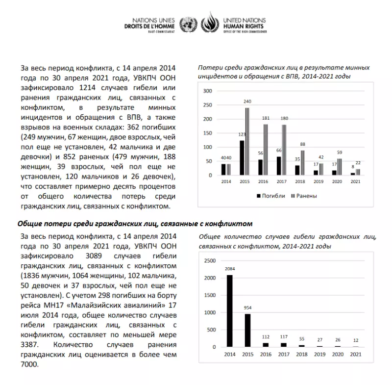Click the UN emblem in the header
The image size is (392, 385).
[x=186, y=23]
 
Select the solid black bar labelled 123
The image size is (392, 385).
[x=242, y=157]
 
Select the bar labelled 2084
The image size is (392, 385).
[x=229, y=310]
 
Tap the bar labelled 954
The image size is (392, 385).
[x=248, y=330]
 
